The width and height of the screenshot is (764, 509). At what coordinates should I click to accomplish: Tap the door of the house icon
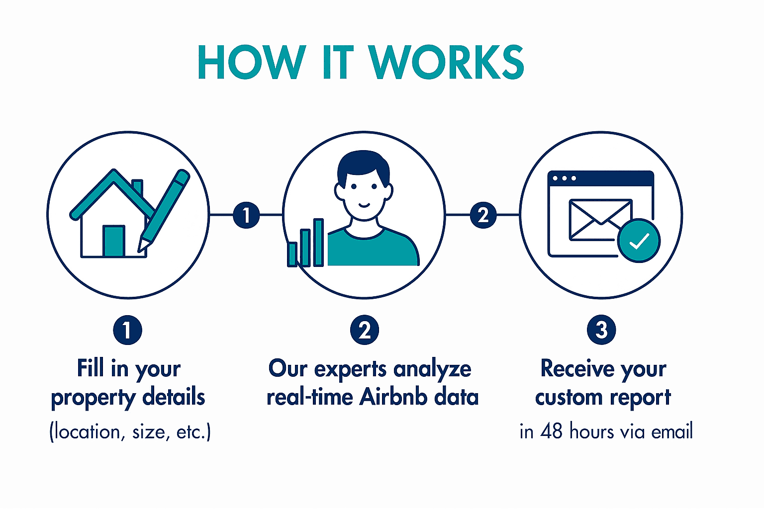coord(113,241)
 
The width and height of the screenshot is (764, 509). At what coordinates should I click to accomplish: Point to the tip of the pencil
coord(139,251)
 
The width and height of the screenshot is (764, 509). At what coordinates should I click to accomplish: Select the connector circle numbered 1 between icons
coord(246,215)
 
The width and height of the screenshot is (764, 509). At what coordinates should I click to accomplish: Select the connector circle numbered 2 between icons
coord(483,215)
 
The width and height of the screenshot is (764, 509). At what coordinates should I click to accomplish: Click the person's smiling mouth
coord(364,205)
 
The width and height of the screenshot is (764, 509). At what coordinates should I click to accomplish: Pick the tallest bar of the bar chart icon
coord(318,243)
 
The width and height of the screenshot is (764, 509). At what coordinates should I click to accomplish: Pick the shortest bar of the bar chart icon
coord(292,254)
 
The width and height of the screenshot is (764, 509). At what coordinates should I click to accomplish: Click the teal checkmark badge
coord(639,241)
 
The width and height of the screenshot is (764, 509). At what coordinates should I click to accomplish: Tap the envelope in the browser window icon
coord(600,220)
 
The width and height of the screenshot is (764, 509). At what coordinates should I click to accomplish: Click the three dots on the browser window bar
coord(565,178)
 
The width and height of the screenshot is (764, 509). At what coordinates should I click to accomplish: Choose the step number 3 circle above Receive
coord(601,330)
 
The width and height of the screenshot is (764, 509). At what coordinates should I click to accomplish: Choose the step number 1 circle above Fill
coord(127,330)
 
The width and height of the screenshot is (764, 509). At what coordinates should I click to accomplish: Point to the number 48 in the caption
coord(551,431)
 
